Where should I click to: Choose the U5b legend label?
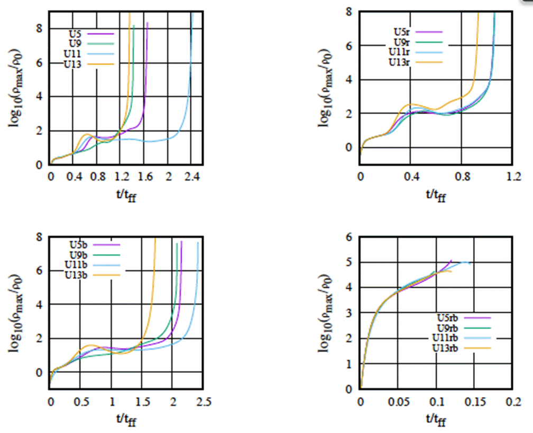click(78, 244)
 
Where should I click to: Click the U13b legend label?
click(76, 275)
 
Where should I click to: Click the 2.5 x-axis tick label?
click(203, 402)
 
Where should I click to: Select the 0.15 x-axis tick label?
click(475, 402)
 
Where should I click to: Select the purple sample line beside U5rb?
click(480, 318)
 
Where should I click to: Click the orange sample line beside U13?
click(104, 64)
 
